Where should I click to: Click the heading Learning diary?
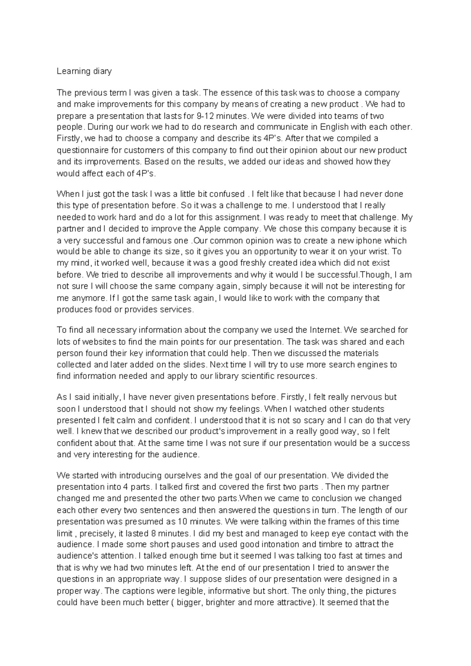(84, 71)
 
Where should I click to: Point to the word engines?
(372, 365)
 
